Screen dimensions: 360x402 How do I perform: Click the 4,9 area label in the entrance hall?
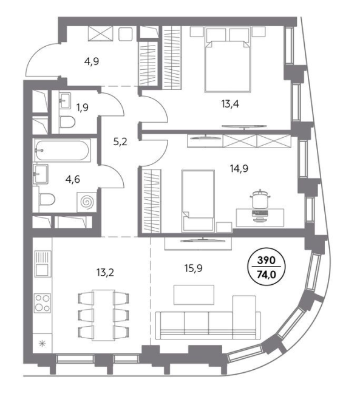tap(92, 61)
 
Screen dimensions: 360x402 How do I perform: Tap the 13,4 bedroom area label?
tap(230, 104)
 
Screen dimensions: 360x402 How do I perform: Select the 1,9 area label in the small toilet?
tap(82, 107)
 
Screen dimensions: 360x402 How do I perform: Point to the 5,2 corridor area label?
tap(120, 141)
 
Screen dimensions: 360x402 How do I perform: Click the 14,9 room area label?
tap(239, 169)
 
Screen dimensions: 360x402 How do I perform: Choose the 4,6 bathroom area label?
tap(72, 179)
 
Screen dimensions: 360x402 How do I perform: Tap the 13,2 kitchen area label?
tap(105, 273)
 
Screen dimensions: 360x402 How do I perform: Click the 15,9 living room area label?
tap(194, 268)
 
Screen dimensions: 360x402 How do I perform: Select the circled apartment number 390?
tap(267, 261)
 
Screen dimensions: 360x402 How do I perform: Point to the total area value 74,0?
tap(267, 274)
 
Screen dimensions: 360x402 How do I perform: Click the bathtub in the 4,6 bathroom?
tap(62, 151)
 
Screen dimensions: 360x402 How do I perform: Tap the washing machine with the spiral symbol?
tap(87, 202)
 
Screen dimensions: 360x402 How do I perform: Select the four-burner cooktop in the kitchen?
tap(42, 303)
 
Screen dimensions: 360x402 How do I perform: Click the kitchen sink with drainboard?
tap(42, 264)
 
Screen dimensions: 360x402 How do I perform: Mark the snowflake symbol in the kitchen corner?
tap(42, 343)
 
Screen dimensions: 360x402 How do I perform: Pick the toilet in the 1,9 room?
tap(67, 122)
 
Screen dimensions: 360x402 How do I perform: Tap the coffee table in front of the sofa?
tap(194, 295)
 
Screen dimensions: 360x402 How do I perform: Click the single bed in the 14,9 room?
tap(198, 201)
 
